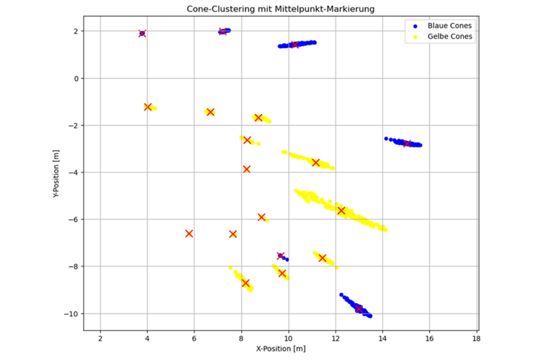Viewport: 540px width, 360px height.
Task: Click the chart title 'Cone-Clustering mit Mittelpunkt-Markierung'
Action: [x=281, y=9]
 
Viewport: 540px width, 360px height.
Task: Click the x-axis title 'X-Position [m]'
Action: [x=281, y=349]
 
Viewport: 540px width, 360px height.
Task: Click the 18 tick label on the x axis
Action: [x=477, y=338]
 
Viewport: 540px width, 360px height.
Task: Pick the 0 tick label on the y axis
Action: [x=78, y=78]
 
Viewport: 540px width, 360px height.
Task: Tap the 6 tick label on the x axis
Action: [x=194, y=338]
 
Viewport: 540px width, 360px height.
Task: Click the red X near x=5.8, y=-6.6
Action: [x=189, y=234]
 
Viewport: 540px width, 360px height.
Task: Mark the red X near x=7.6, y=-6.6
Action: [x=233, y=234]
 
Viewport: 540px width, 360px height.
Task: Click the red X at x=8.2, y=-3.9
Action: [x=246, y=169]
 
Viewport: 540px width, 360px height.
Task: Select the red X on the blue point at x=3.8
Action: [x=142, y=33]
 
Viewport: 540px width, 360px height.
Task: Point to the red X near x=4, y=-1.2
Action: [x=148, y=107]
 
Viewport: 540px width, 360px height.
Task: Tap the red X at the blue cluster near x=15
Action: [x=407, y=143]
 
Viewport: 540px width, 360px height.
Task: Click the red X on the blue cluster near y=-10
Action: [x=359, y=309]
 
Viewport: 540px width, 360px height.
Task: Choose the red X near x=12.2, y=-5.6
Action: [x=341, y=211]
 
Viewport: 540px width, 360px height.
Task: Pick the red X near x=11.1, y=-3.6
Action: [x=315, y=162]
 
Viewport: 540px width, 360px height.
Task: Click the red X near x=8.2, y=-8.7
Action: [x=246, y=283]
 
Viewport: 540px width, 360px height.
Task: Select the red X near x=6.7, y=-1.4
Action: [x=210, y=112]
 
